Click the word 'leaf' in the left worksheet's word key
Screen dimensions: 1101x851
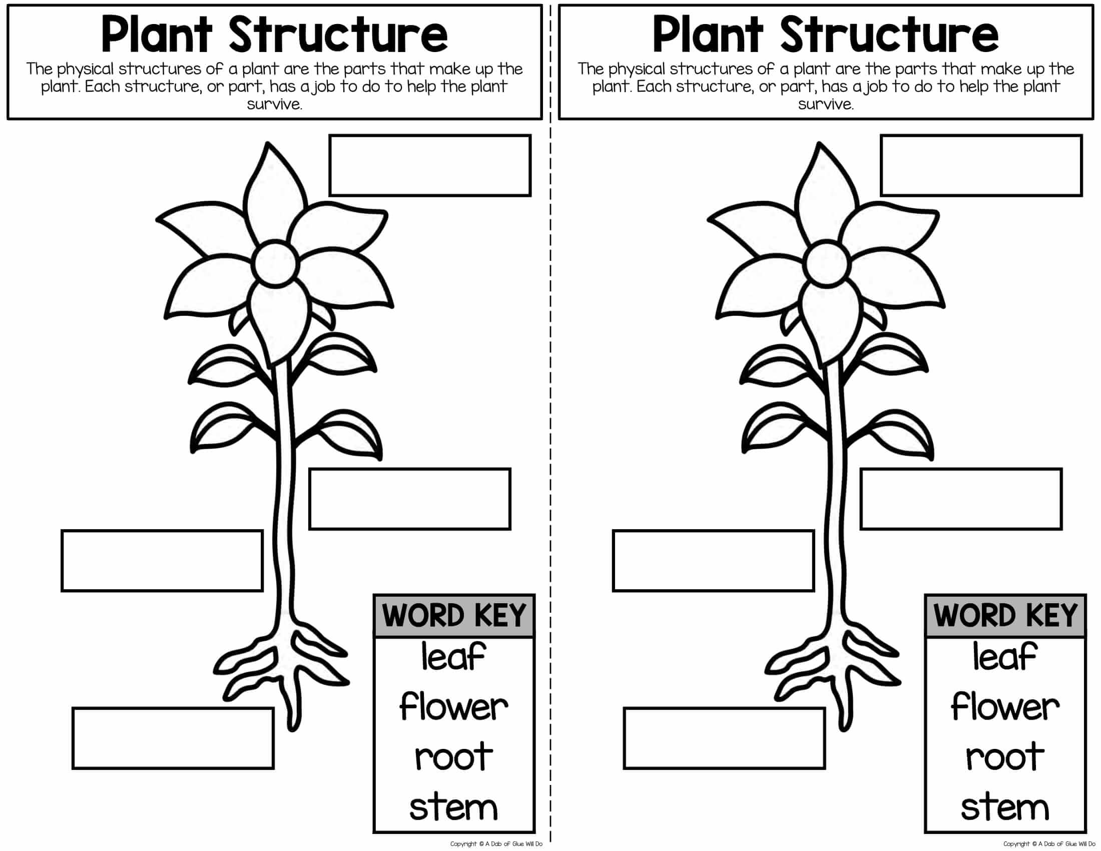[x=453, y=657]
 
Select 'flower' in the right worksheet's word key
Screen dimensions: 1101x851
[x=1005, y=707]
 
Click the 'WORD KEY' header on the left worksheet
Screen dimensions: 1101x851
[x=454, y=616]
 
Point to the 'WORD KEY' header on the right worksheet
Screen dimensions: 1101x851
[x=1005, y=616]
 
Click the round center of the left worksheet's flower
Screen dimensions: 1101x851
[x=276, y=263]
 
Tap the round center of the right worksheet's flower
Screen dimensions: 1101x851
[x=827, y=263]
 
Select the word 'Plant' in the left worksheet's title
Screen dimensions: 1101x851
[x=157, y=34]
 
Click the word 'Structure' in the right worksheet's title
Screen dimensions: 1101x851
[x=890, y=34]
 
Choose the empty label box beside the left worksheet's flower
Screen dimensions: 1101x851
[x=430, y=165]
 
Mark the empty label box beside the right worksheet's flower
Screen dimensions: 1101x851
[x=981, y=165]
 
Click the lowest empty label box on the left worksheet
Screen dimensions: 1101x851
[x=173, y=738]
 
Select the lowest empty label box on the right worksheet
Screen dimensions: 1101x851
[x=725, y=738]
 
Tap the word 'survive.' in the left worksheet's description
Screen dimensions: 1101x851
[x=275, y=104]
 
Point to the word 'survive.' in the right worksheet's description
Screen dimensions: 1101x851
[x=826, y=104]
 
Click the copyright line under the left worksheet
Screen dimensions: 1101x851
[x=496, y=844]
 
